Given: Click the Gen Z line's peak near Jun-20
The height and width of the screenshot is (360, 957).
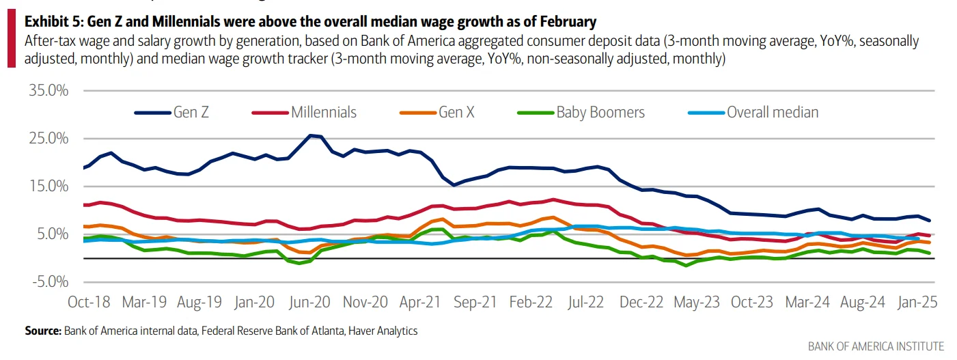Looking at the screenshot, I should pyautogui.click(x=311, y=135).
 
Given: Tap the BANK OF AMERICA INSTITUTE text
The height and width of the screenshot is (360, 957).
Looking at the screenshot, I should pyautogui.click(x=876, y=346).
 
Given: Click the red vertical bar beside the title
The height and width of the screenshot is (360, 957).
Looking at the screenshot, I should pyautogui.click(x=11, y=41).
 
